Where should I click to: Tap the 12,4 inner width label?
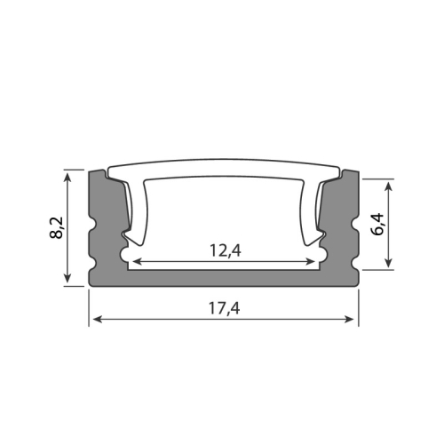pyautogui.click(x=224, y=250)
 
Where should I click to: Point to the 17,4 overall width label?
pyautogui.click(x=224, y=308)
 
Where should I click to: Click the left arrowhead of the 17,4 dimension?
pyautogui.click(x=94, y=320)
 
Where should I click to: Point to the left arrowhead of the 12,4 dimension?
pyautogui.click(x=134, y=263)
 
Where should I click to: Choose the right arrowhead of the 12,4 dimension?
pyautogui.click(x=313, y=263)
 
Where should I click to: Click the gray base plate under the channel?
pyautogui.click(x=224, y=277)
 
